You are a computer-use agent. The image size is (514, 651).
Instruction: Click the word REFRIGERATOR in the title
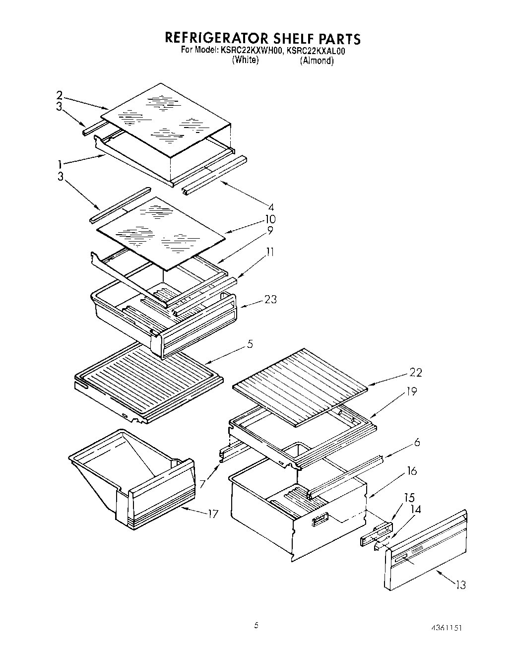pyautogui.click(x=216, y=38)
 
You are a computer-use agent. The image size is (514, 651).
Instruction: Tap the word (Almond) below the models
pyautogui.click(x=317, y=61)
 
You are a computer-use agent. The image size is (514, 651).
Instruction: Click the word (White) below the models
pyautogui.click(x=245, y=60)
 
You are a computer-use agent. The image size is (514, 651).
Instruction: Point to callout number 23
pyautogui.click(x=270, y=299)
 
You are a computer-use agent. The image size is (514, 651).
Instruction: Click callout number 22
pyautogui.click(x=415, y=372)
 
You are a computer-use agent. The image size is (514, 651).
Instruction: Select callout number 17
pyautogui.click(x=212, y=514)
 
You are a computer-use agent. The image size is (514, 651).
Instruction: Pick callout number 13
pyautogui.click(x=460, y=585)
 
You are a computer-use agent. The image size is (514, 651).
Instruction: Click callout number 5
pyautogui.click(x=250, y=343)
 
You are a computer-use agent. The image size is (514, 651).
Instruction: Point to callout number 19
pyautogui.click(x=411, y=391)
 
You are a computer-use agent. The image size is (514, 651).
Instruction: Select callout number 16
pyautogui.click(x=411, y=471)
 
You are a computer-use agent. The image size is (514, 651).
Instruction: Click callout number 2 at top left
pyautogui.click(x=60, y=95)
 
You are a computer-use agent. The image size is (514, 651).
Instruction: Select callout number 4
pyautogui.click(x=270, y=207)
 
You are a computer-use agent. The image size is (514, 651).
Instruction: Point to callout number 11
pyautogui.click(x=269, y=252)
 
